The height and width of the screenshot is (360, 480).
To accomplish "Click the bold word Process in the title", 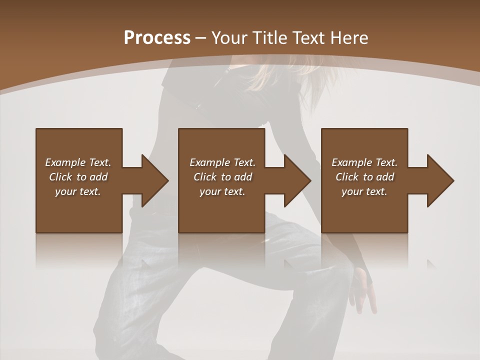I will point(157,38).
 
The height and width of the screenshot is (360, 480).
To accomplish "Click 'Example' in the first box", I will point(65,162).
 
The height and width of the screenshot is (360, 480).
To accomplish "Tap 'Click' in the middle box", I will point(205,177).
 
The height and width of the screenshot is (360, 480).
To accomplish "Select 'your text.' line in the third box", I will point(364,191).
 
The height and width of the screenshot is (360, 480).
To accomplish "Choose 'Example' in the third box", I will point(352,162).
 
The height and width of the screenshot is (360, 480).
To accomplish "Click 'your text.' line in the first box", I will point(78,191).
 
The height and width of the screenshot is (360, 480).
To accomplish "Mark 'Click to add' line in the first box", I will point(78,177).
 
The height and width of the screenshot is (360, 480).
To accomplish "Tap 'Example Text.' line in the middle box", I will point(222,162).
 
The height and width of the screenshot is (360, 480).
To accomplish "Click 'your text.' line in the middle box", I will point(222,191).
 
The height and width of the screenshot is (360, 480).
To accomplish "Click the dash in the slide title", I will point(200,38).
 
